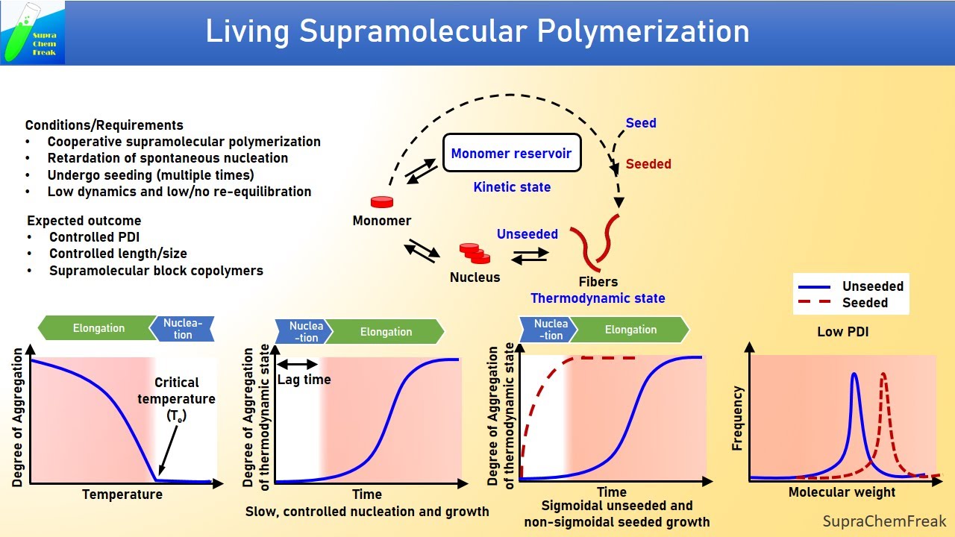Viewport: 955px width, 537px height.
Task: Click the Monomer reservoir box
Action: click(x=511, y=154)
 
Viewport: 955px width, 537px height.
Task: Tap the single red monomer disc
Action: click(x=382, y=202)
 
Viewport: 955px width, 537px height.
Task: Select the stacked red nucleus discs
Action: click(x=475, y=253)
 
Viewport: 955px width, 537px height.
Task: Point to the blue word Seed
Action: click(x=641, y=123)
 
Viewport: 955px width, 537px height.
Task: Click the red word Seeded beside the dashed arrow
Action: click(x=648, y=164)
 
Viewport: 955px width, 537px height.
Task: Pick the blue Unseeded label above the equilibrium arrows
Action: click(x=527, y=234)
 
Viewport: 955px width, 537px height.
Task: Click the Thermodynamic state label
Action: click(x=598, y=298)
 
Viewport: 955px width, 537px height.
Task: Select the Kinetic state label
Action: click(x=512, y=187)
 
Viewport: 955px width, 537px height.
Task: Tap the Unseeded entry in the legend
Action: click(x=872, y=286)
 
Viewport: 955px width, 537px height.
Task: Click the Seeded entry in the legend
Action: click(x=865, y=303)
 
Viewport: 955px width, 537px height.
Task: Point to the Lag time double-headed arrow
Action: click(x=298, y=364)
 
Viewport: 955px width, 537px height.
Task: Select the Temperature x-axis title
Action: click(x=122, y=494)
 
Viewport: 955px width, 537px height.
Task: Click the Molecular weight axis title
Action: click(x=842, y=492)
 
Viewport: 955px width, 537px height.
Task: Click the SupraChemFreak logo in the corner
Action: click(x=33, y=32)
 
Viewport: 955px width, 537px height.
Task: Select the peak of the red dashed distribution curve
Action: click(x=884, y=375)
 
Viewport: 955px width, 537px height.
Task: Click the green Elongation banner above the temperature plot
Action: click(x=98, y=328)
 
